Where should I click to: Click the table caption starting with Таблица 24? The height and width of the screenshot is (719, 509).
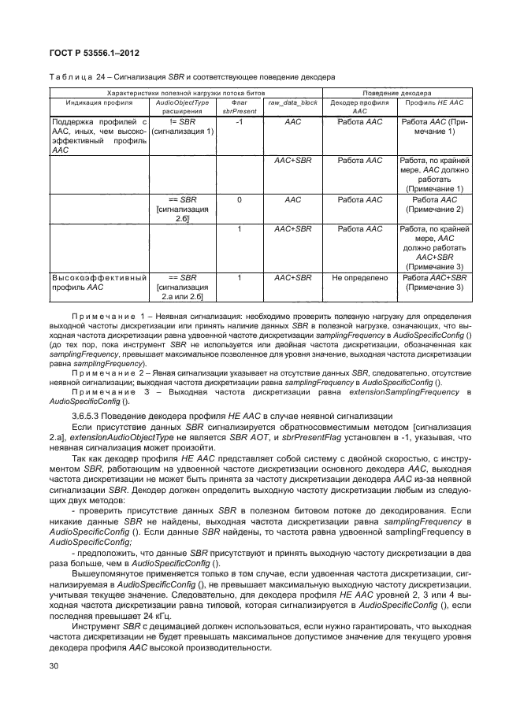pos(193,77)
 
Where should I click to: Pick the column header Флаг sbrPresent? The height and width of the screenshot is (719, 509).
pos(238,107)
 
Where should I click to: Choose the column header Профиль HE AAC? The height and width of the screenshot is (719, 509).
pos(434,103)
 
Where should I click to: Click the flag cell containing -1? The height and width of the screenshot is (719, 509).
pos(238,123)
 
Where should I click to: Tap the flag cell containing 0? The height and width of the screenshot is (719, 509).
pos(238,200)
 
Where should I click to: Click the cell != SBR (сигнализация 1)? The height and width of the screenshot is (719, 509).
pos(181,128)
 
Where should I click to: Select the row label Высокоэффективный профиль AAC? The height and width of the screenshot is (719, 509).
pos(99,283)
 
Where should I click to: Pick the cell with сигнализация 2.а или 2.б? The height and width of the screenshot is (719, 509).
pos(181,292)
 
